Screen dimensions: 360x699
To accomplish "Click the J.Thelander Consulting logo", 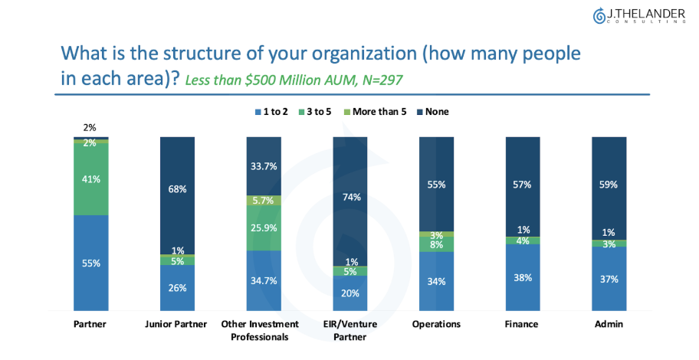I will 638,15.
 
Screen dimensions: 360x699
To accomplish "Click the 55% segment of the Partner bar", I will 91,263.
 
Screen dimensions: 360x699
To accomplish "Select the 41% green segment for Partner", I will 91,179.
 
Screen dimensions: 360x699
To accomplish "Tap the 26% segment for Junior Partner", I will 177,287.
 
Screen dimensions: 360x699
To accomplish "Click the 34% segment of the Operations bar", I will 437,280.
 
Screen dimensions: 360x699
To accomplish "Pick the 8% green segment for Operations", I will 437,245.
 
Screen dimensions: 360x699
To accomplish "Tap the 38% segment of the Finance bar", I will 523,277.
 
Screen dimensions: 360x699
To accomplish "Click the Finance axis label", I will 523,324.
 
